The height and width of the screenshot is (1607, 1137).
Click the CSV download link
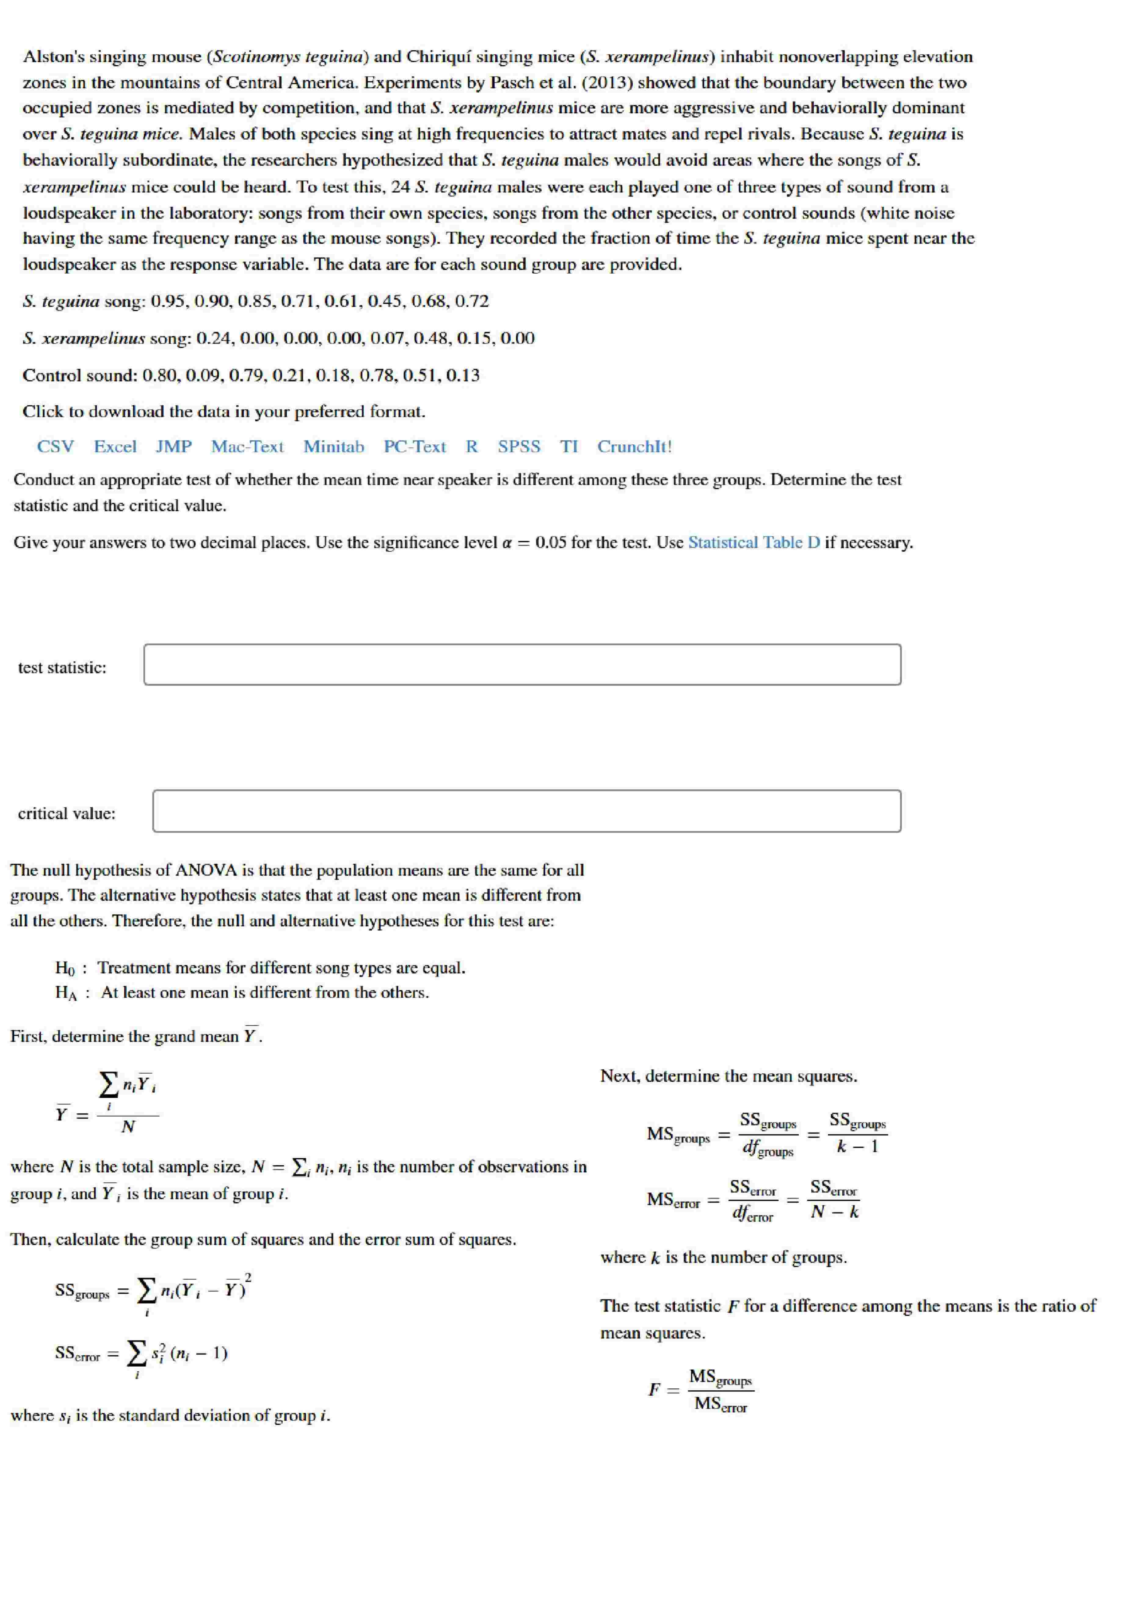coord(55,447)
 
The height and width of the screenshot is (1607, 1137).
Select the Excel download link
coord(115,447)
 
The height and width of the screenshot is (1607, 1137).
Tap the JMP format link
coord(174,447)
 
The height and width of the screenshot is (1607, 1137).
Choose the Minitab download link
coord(334,447)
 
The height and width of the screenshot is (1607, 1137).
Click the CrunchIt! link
coord(634,447)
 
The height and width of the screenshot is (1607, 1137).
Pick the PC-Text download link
coord(415,447)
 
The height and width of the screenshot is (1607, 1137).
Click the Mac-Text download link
coord(248,447)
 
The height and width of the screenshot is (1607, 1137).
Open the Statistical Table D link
coord(754,543)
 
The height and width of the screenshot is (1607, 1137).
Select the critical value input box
coord(526,811)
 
